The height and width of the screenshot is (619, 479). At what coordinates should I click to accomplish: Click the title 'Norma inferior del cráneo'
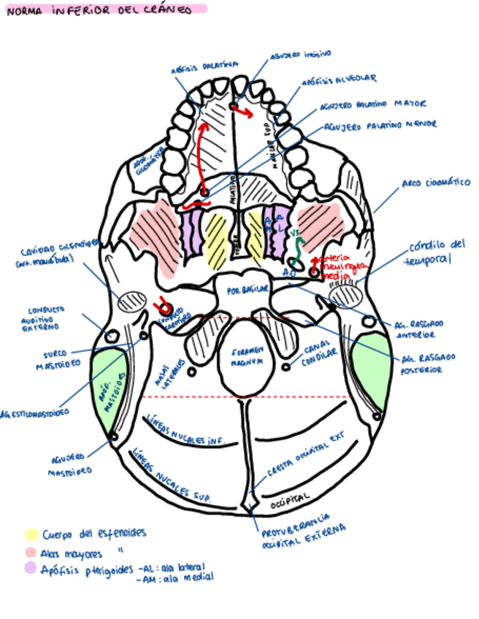point(99,10)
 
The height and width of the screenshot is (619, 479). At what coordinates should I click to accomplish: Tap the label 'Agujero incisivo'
point(300,55)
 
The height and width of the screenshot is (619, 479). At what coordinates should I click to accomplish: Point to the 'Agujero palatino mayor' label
point(372,105)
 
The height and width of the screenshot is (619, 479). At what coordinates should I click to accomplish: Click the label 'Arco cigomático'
point(436,182)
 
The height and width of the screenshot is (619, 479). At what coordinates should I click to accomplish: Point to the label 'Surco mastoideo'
point(55,360)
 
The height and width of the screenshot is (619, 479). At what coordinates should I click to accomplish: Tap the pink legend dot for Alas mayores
point(31,552)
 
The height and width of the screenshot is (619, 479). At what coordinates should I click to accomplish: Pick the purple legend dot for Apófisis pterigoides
point(31,568)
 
